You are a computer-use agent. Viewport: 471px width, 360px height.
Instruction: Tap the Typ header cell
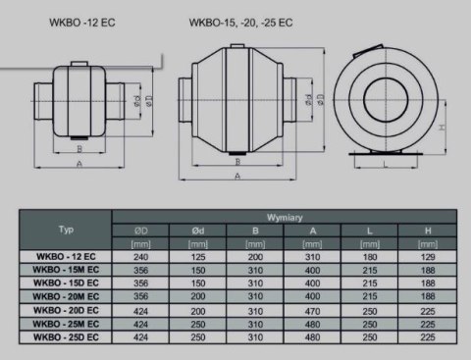pos(66,230)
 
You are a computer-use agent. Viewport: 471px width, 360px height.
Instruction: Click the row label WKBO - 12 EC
pos(66,256)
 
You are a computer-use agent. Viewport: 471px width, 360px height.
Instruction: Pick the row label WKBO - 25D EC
pos(66,338)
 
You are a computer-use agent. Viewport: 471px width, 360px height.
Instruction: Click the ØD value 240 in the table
pos(140,256)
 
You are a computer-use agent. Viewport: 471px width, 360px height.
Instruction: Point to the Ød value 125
pos(197,256)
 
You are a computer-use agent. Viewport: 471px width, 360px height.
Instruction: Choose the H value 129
pos(427,256)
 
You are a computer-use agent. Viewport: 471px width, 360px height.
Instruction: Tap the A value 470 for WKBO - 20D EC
pos(312,311)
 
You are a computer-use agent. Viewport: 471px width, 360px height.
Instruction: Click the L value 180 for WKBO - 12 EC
pos(370,256)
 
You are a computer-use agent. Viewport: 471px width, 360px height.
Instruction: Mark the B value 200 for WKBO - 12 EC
pos(255,256)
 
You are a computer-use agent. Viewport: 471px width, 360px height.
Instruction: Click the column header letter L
pos(370,231)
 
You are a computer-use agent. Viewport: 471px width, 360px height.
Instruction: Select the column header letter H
pos(427,231)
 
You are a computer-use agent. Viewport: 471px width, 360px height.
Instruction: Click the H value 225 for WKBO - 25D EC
pos(427,338)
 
